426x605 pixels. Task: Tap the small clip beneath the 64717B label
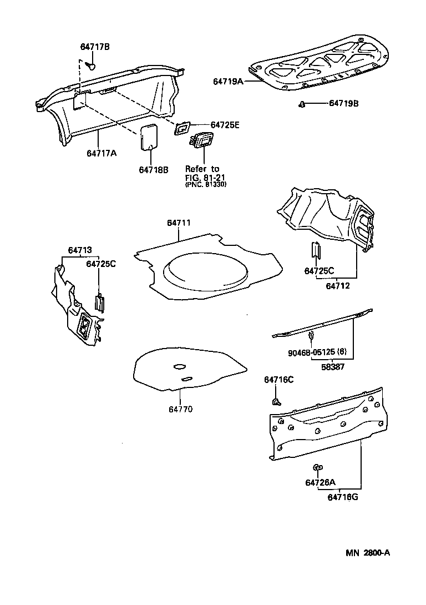[92, 66]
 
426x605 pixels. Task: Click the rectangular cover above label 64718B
[149, 137]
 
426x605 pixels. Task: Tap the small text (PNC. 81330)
[205, 184]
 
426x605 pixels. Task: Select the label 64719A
[228, 81]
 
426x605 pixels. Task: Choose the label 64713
[80, 250]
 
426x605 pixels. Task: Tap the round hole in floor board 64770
[179, 366]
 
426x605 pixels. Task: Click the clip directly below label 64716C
[275, 401]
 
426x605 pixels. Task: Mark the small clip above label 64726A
[317, 467]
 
